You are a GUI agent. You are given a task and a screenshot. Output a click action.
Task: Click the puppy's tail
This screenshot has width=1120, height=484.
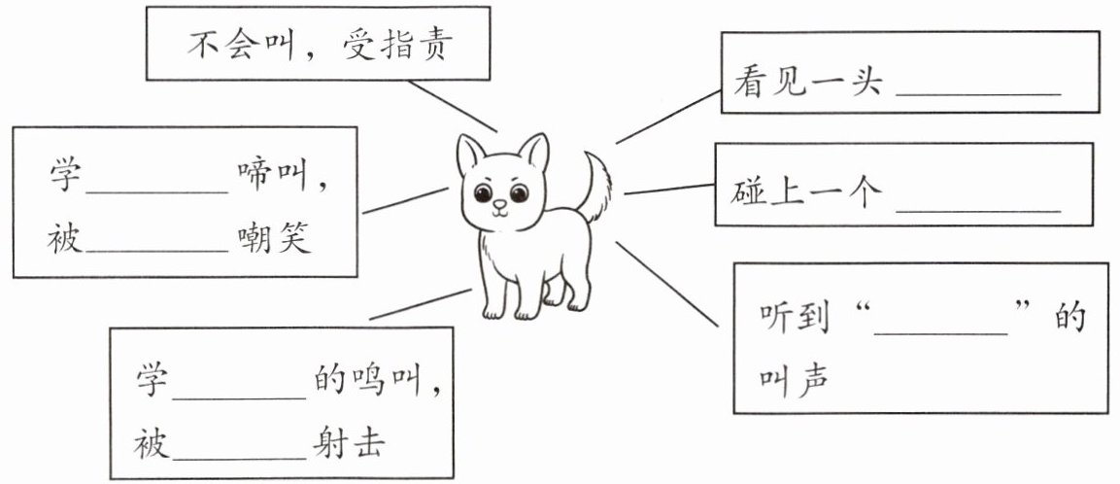pos(595,185)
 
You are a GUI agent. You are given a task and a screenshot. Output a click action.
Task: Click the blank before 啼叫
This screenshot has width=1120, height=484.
pos(156,181)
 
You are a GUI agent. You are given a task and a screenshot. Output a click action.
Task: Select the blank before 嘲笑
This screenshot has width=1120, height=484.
pos(156,241)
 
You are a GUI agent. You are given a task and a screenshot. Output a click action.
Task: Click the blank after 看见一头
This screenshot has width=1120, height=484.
pos(977,86)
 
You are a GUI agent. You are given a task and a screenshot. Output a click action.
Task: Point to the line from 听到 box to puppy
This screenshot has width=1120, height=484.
pos(670,286)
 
